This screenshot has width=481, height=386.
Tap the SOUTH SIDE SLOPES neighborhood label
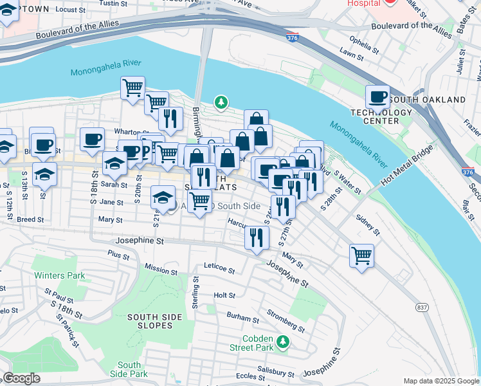point(150,321)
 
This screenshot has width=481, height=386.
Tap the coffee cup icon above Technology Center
point(377,97)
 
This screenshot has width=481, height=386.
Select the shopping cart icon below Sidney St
point(362,255)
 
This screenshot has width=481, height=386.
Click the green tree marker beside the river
point(221,102)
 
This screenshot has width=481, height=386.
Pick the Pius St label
point(120,255)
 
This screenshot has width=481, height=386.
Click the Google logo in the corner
point(21,378)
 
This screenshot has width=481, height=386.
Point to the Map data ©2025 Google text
point(441,381)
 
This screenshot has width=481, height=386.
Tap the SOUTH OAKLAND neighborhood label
point(427,100)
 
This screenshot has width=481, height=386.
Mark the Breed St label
point(30,219)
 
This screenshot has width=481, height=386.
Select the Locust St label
point(71,10)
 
